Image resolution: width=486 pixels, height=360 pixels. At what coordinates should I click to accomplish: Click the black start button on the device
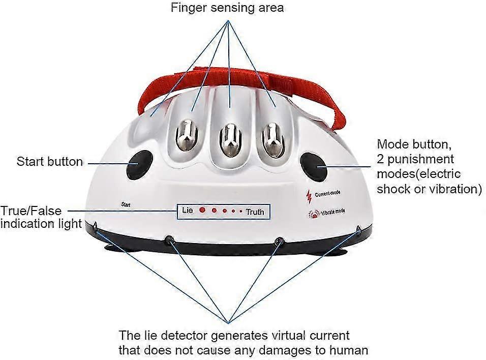pos(139,164)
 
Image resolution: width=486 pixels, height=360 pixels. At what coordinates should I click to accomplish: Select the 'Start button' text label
pos(50,162)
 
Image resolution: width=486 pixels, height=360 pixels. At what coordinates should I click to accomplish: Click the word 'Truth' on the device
pos(255,212)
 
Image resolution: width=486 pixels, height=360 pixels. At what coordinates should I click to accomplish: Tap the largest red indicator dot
pos(202,209)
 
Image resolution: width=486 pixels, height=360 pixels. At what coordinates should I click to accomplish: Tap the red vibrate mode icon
pos(311,214)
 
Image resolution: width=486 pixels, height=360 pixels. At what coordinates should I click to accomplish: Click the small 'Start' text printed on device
pos(127,204)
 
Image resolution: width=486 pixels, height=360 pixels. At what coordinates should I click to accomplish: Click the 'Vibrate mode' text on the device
pos(332,211)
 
